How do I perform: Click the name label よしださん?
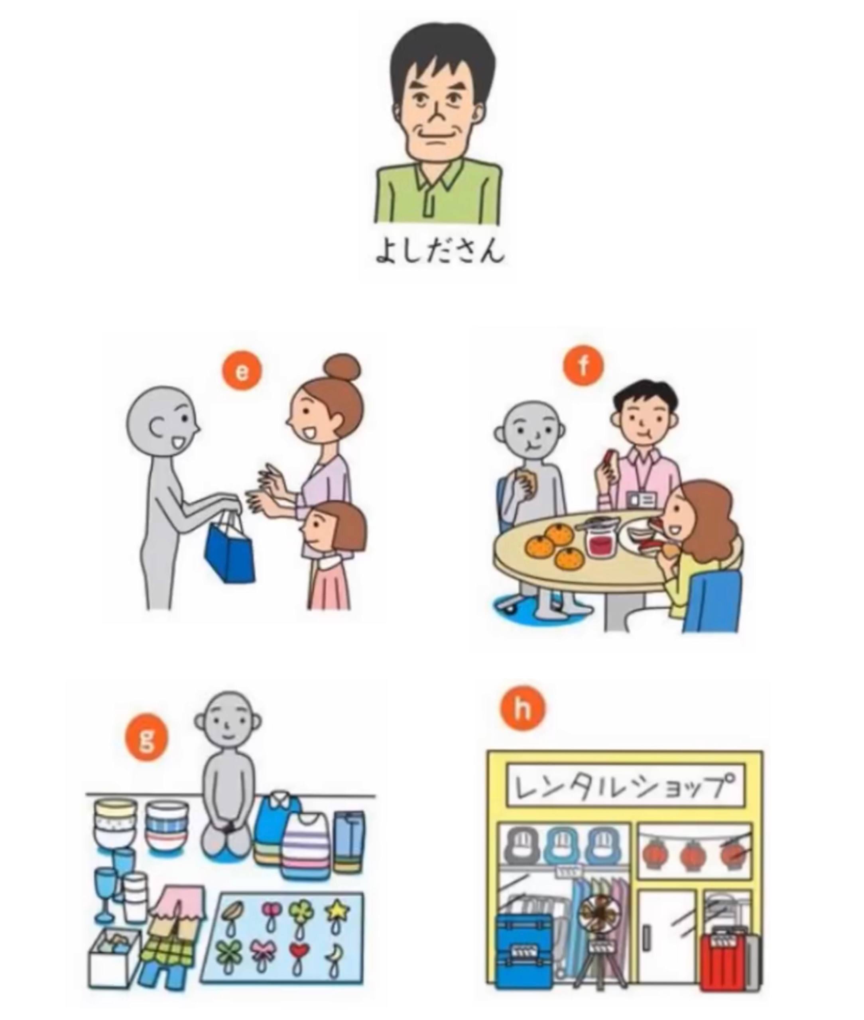pyautogui.click(x=439, y=251)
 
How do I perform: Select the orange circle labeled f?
pyautogui.click(x=583, y=366)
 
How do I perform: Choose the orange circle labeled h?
pyautogui.click(x=523, y=709)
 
